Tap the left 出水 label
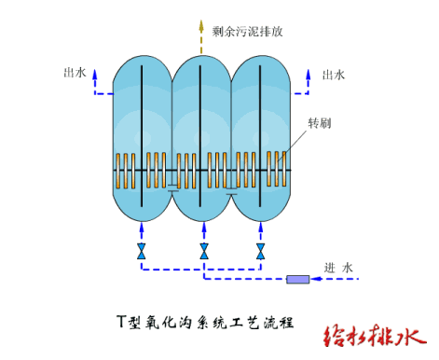point(74,72)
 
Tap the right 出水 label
point(334,75)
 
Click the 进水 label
point(339,268)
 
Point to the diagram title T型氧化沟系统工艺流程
point(205,323)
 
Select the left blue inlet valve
point(141,252)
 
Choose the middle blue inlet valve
point(203,252)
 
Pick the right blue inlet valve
point(262,252)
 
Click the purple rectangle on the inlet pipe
point(299,279)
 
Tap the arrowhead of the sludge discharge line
point(201,23)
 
